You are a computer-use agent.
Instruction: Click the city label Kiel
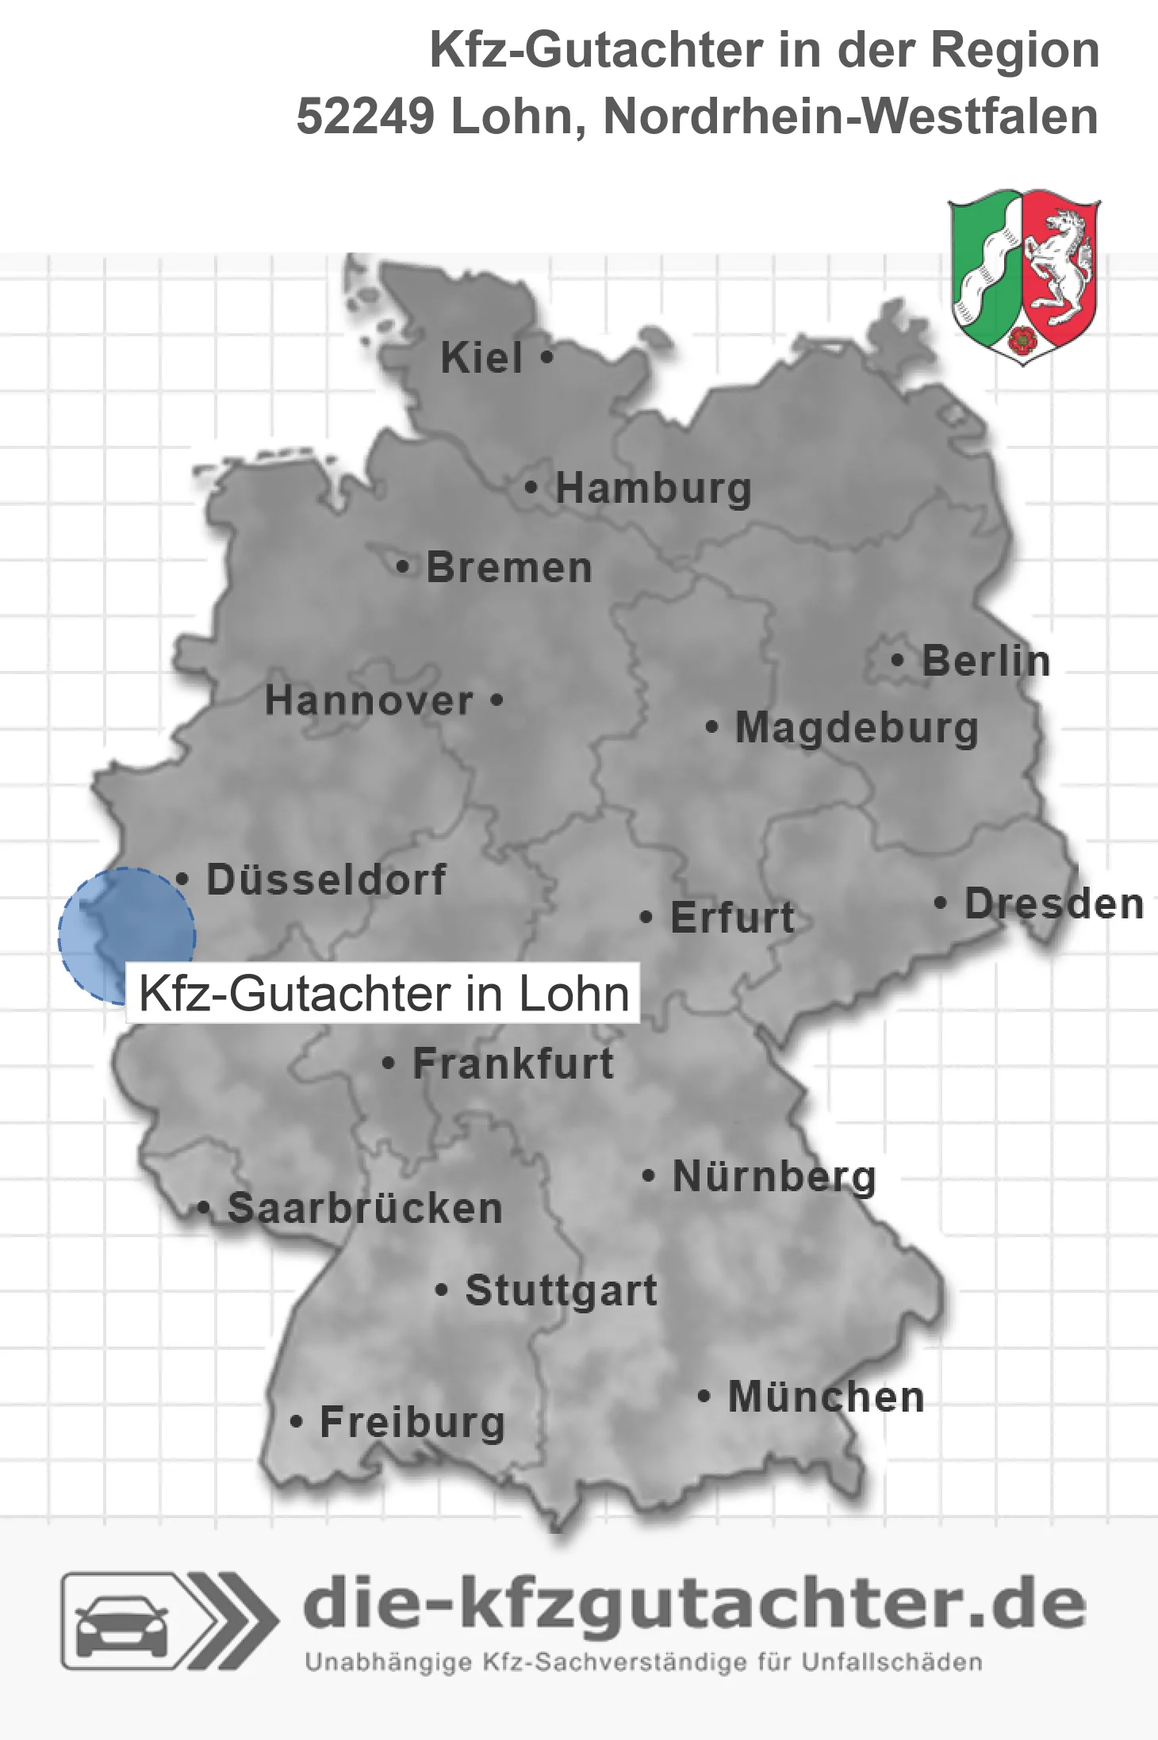click(x=481, y=358)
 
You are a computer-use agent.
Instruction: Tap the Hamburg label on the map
click(x=654, y=488)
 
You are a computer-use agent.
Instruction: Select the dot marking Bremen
click(x=403, y=567)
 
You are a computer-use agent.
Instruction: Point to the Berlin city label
click(x=986, y=661)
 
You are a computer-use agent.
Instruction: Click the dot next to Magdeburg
click(x=712, y=726)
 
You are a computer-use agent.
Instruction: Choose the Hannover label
click(x=369, y=700)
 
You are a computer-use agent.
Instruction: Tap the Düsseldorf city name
click(x=326, y=880)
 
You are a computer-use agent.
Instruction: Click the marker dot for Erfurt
click(x=646, y=918)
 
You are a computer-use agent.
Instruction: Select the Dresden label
click(x=1054, y=903)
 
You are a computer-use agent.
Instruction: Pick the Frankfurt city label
click(x=513, y=1064)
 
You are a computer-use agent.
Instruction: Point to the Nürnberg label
click(x=774, y=1176)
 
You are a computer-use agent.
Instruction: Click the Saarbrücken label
click(x=365, y=1209)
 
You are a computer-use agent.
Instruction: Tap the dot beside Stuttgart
click(x=442, y=1290)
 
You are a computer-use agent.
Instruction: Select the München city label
click(x=826, y=1397)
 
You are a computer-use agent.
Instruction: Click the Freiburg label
click(x=412, y=1422)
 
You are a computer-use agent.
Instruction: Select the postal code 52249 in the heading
click(x=365, y=117)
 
